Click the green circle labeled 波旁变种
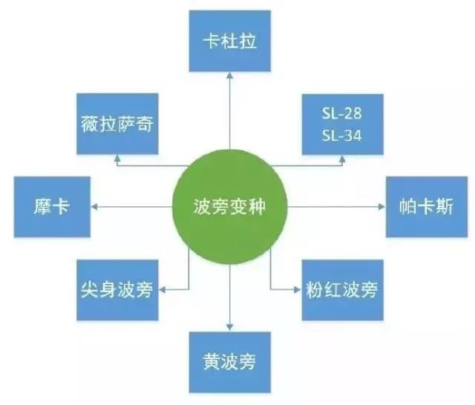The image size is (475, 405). click(x=229, y=207)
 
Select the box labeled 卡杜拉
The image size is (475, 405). click(x=229, y=41)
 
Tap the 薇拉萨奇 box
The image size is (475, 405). click(x=117, y=124)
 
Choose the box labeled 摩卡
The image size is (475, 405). click(x=52, y=207)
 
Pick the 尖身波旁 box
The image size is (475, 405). click(x=117, y=290)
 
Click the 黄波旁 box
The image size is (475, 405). click(x=229, y=362)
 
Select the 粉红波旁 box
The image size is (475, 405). click(x=342, y=290)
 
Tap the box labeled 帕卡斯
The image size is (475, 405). click(x=427, y=207)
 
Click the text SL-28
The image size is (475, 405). click(x=341, y=113)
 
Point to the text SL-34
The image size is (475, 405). click(x=341, y=136)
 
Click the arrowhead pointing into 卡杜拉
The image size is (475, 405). click(x=230, y=76)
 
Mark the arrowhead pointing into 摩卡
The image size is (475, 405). click(x=94, y=207)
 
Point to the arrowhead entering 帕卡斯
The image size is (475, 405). click(x=382, y=207)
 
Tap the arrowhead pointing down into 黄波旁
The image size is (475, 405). click(x=229, y=328)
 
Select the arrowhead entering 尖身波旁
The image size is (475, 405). click(x=162, y=290)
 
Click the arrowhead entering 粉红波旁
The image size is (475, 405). click(x=298, y=290)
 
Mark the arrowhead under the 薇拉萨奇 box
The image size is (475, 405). click(x=117, y=158)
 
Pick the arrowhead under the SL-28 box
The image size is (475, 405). click(x=342, y=159)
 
